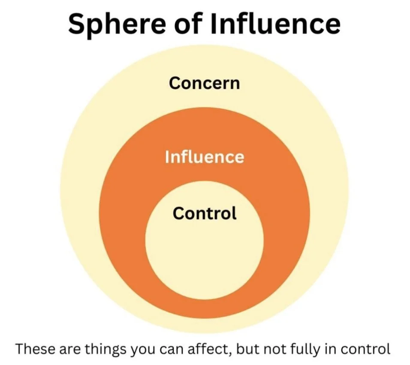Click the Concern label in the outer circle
click(x=204, y=83)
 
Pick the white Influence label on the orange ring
click(x=204, y=157)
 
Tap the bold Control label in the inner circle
click(x=204, y=213)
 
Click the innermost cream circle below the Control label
click(x=204, y=258)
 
